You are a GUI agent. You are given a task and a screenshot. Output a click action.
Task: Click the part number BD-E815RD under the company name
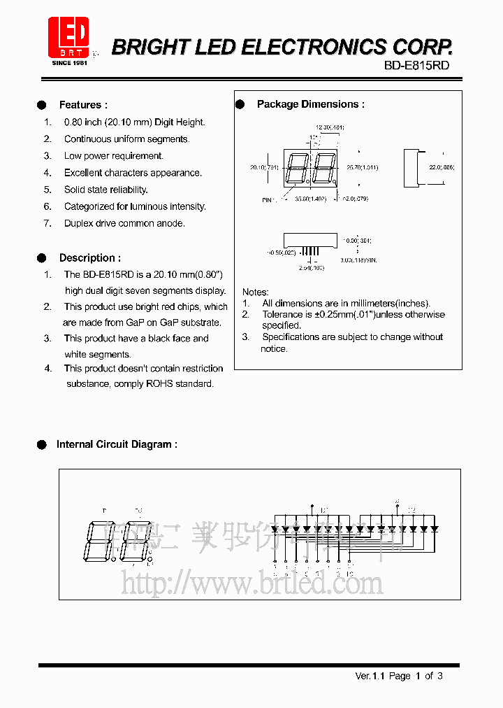tap(416, 65)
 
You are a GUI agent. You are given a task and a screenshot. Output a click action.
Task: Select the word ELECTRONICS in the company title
tap(314, 48)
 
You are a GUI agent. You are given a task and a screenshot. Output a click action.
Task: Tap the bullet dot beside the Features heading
tap(42, 105)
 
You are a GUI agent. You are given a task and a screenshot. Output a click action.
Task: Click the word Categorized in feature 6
tap(89, 206)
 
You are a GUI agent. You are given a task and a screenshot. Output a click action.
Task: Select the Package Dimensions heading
tap(310, 104)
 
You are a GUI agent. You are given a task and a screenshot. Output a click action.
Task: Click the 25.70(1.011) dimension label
tap(362, 167)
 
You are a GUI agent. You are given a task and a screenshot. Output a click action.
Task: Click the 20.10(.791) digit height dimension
tap(264, 167)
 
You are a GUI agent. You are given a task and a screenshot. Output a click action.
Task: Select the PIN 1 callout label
tap(268, 200)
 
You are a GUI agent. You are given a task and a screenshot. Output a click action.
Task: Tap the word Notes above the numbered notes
tap(255, 292)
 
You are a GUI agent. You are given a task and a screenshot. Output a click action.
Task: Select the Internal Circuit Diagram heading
tap(116, 444)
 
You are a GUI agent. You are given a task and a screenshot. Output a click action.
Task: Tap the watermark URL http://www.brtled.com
tap(252, 582)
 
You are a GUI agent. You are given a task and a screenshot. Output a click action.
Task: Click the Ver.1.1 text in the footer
tap(370, 676)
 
